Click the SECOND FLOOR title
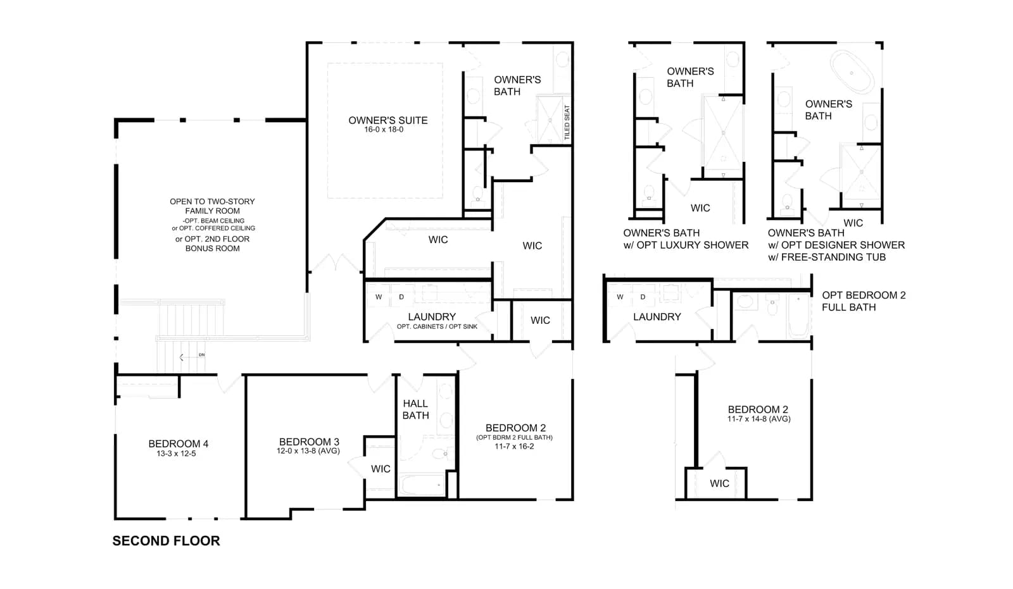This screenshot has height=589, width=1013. click(x=166, y=541)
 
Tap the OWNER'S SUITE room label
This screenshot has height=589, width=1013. click(x=388, y=120)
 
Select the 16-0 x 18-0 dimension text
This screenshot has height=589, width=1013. click(x=384, y=130)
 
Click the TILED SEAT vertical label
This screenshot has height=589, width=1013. click(x=567, y=123)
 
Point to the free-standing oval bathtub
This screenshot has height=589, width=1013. click(x=852, y=73)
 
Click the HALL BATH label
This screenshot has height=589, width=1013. click(x=415, y=409)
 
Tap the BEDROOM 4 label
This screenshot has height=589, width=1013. click(x=178, y=444)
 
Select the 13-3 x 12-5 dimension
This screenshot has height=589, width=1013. click(x=177, y=454)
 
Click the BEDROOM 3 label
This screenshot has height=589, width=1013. click(x=309, y=442)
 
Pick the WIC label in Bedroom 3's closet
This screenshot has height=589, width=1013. click(x=381, y=469)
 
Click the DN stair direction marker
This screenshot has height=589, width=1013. click(x=202, y=355)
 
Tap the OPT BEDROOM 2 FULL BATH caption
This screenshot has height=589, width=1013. click(x=864, y=301)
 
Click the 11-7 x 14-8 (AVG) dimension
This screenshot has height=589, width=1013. click(x=759, y=419)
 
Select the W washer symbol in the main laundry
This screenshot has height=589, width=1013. click(x=379, y=297)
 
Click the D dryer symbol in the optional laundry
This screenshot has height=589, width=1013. click(x=643, y=297)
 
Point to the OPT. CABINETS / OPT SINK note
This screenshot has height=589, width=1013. click(x=437, y=326)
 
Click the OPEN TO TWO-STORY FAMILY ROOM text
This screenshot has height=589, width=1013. click(x=212, y=206)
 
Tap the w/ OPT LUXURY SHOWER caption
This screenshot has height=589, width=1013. click(x=686, y=245)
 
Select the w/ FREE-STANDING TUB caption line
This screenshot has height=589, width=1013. click(x=827, y=257)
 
